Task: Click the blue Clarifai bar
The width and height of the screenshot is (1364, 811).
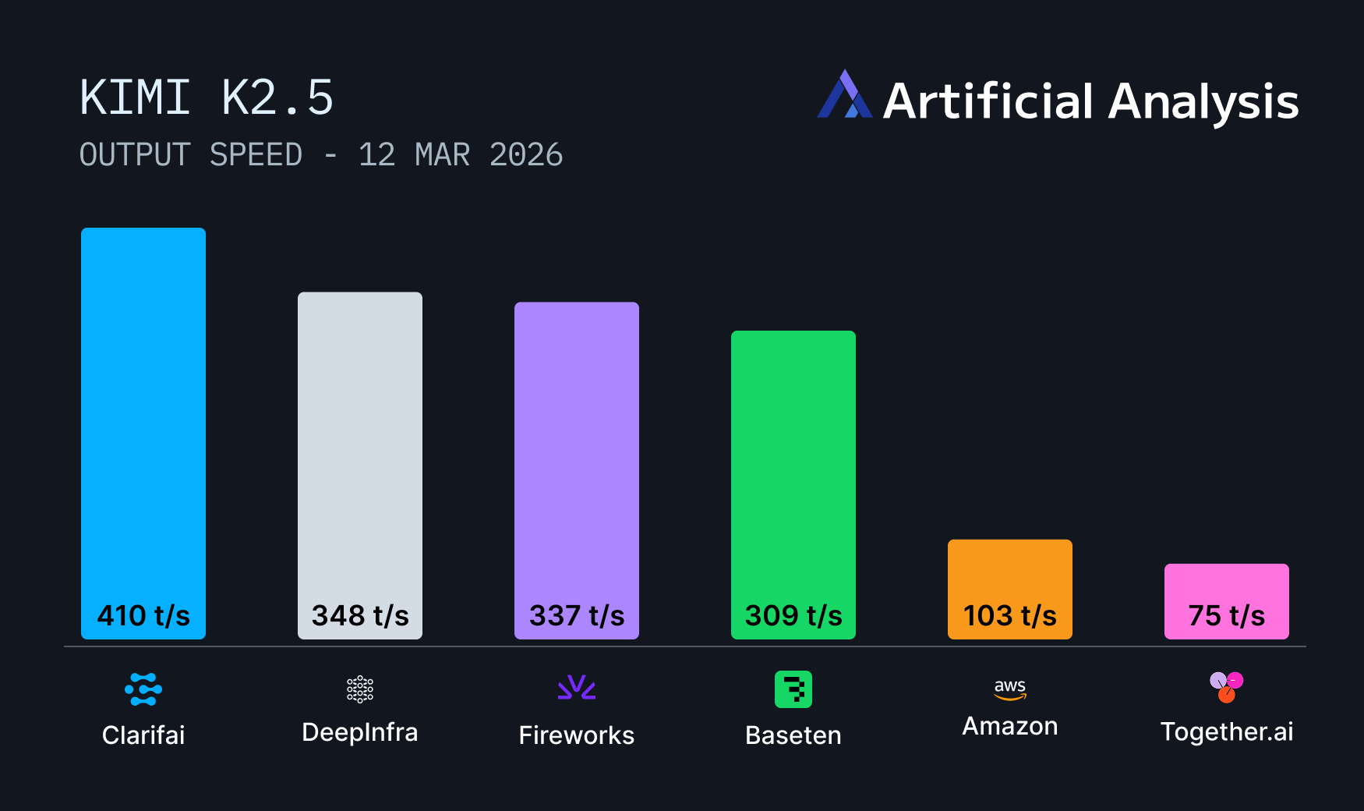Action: click(143, 413)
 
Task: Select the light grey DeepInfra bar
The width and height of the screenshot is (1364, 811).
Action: click(360, 444)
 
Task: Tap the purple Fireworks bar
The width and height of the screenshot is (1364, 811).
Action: click(577, 452)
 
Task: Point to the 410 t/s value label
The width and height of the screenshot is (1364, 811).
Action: click(143, 616)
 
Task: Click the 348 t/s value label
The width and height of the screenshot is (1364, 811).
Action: click(360, 616)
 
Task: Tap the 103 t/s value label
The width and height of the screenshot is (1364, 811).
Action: click(1010, 616)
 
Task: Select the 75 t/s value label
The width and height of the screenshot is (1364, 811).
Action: click(1227, 616)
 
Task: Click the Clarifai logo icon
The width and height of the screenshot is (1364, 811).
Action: click(143, 689)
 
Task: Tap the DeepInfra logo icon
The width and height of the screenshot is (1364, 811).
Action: click(360, 689)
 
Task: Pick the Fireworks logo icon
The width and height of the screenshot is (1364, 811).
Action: click(577, 687)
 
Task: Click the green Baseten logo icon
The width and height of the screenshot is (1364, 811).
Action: click(793, 689)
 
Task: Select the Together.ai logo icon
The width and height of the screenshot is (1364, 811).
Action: click(1227, 687)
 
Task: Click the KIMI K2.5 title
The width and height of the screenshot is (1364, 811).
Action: click(207, 98)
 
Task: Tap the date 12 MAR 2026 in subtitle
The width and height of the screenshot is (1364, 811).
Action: click(461, 155)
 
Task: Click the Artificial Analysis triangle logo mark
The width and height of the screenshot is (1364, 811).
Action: click(844, 95)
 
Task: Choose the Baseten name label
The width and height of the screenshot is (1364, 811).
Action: click(793, 735)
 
